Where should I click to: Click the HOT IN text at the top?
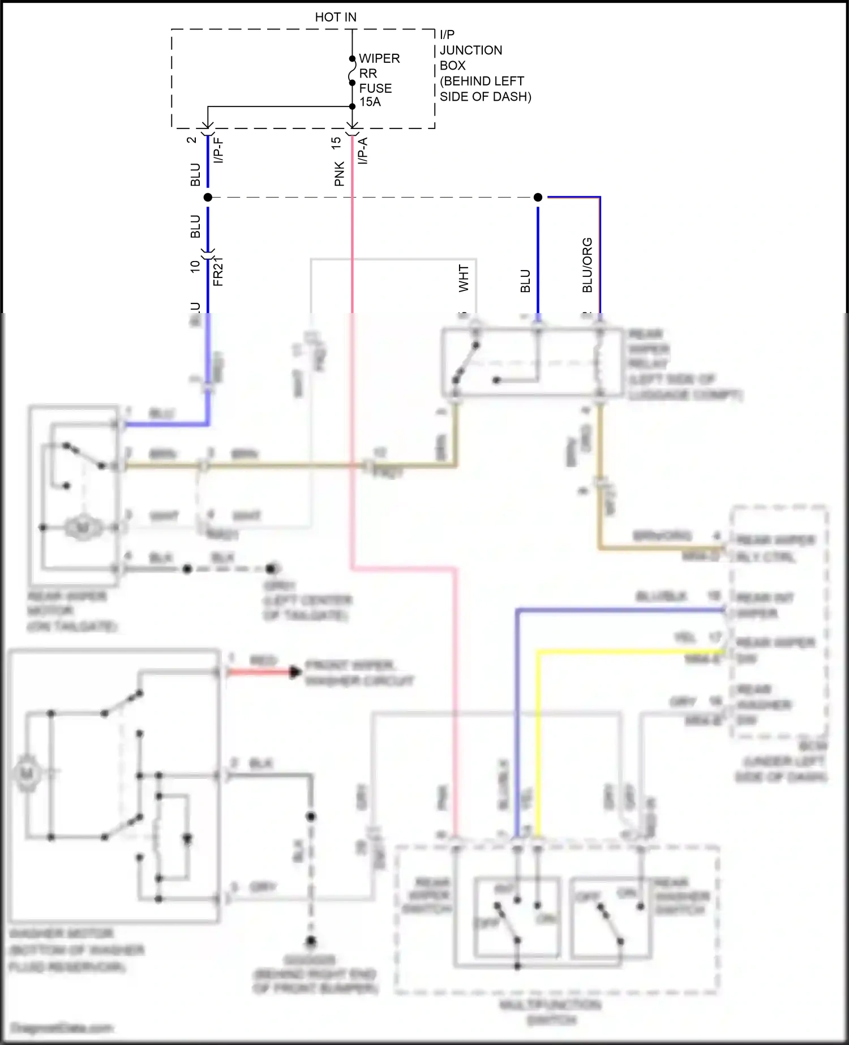tap(336, 17)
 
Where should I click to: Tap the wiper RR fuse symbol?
tap(352, 71)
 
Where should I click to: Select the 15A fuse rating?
tap(370, 102)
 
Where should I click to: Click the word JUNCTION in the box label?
tap(471, 50)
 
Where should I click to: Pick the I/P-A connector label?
tap(363, 151)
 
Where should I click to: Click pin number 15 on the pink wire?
tap(336, 143)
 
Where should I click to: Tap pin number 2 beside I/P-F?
tap(192, 139)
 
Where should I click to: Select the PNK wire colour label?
tap(339, 174)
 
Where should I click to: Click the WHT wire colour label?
tap(464, 278)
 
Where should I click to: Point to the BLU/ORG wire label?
tap(588, 265)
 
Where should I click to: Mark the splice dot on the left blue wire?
tap(208, 197)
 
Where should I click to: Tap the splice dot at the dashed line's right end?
tap(538, 197)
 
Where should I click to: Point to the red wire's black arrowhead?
tap(295, 672)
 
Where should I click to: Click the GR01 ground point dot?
tap(271, 568)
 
